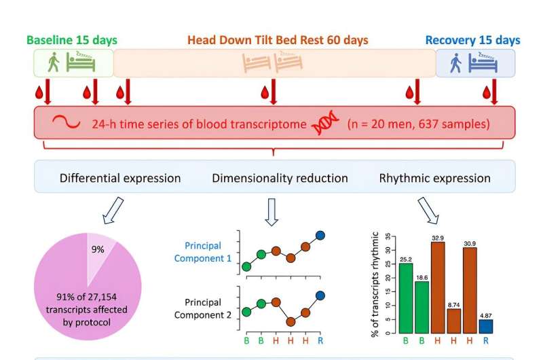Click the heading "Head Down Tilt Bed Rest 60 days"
point(278,40)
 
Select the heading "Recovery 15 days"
point(472,40)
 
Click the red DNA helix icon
point(324,125)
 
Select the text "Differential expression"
point(120,179)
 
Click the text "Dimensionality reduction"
point(280,179)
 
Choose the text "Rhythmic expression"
point(434,179)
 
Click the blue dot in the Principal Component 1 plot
point(320,235)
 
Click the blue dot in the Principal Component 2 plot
point(320,295)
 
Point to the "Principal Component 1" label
point(203,252)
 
